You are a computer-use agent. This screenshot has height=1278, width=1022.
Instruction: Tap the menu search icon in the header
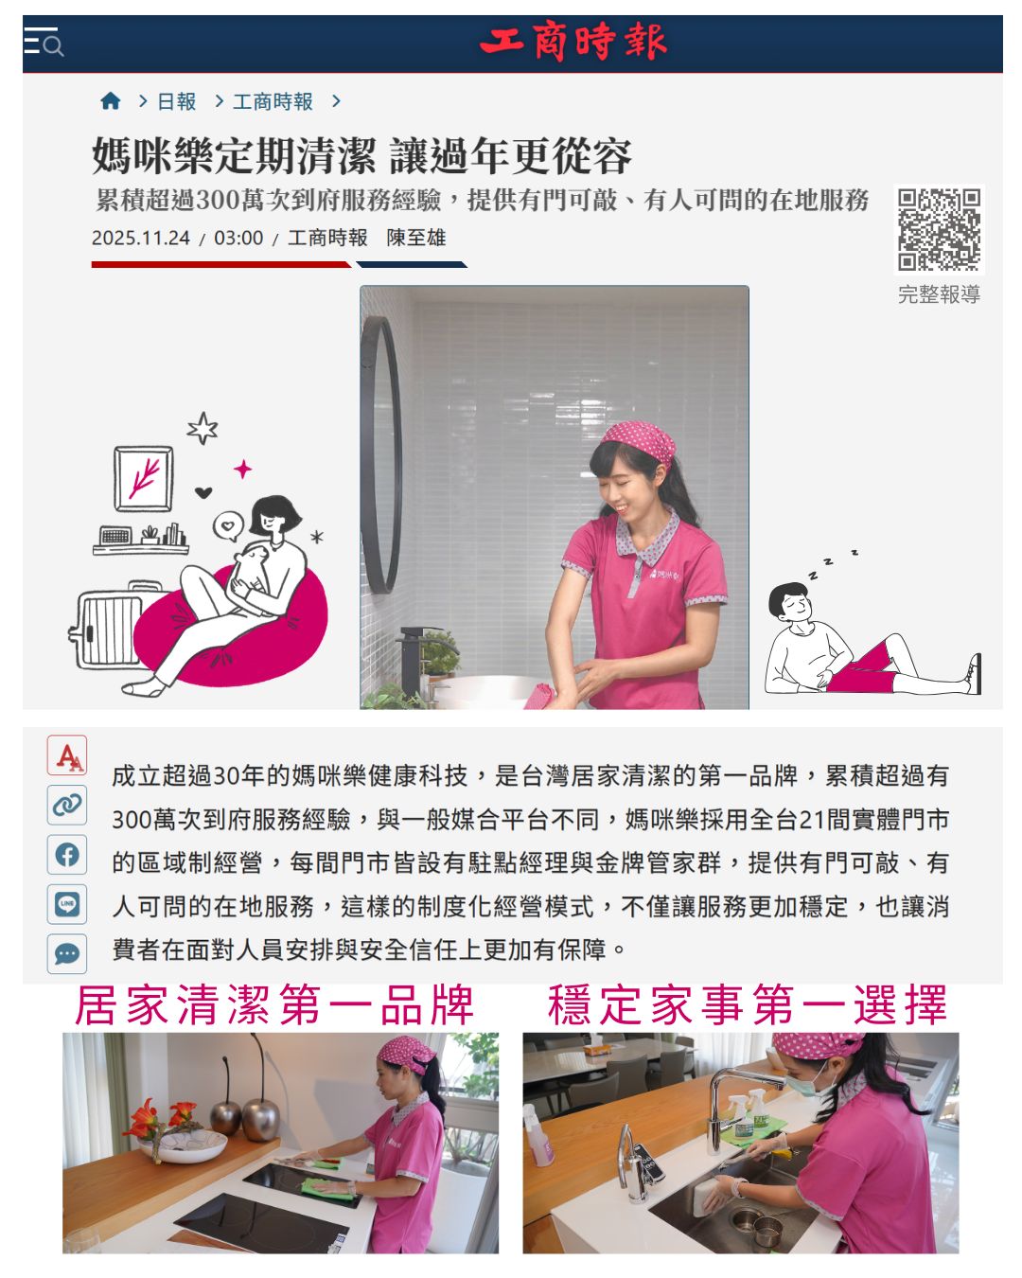tap(44, 42)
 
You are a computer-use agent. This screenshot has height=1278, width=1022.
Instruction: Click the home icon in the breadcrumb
tap(111, 101)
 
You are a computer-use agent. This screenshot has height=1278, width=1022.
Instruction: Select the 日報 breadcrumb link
tap(176, 101)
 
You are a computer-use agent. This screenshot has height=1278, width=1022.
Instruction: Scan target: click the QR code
tap(939, 229)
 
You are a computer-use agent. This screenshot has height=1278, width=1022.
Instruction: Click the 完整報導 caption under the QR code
tap(939, 294)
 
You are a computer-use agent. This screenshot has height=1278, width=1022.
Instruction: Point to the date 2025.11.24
tap(141, 239)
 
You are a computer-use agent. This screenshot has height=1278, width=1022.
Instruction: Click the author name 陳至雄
tap(415, 238)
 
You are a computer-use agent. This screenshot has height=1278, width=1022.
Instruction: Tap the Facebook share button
tap(67, 855)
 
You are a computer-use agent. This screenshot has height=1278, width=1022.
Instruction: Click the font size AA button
tap(67, 755)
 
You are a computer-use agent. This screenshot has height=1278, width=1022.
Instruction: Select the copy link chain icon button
tap(67, 805)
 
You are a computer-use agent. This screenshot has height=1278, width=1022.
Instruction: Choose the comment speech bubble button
tap(67, 953)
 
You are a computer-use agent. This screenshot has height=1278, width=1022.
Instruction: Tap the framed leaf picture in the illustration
tap(144, 479)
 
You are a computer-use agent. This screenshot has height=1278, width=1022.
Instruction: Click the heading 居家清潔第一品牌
tap(274, 1005)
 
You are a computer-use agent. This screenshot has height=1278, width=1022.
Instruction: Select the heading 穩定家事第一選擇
tap(747, 1005)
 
